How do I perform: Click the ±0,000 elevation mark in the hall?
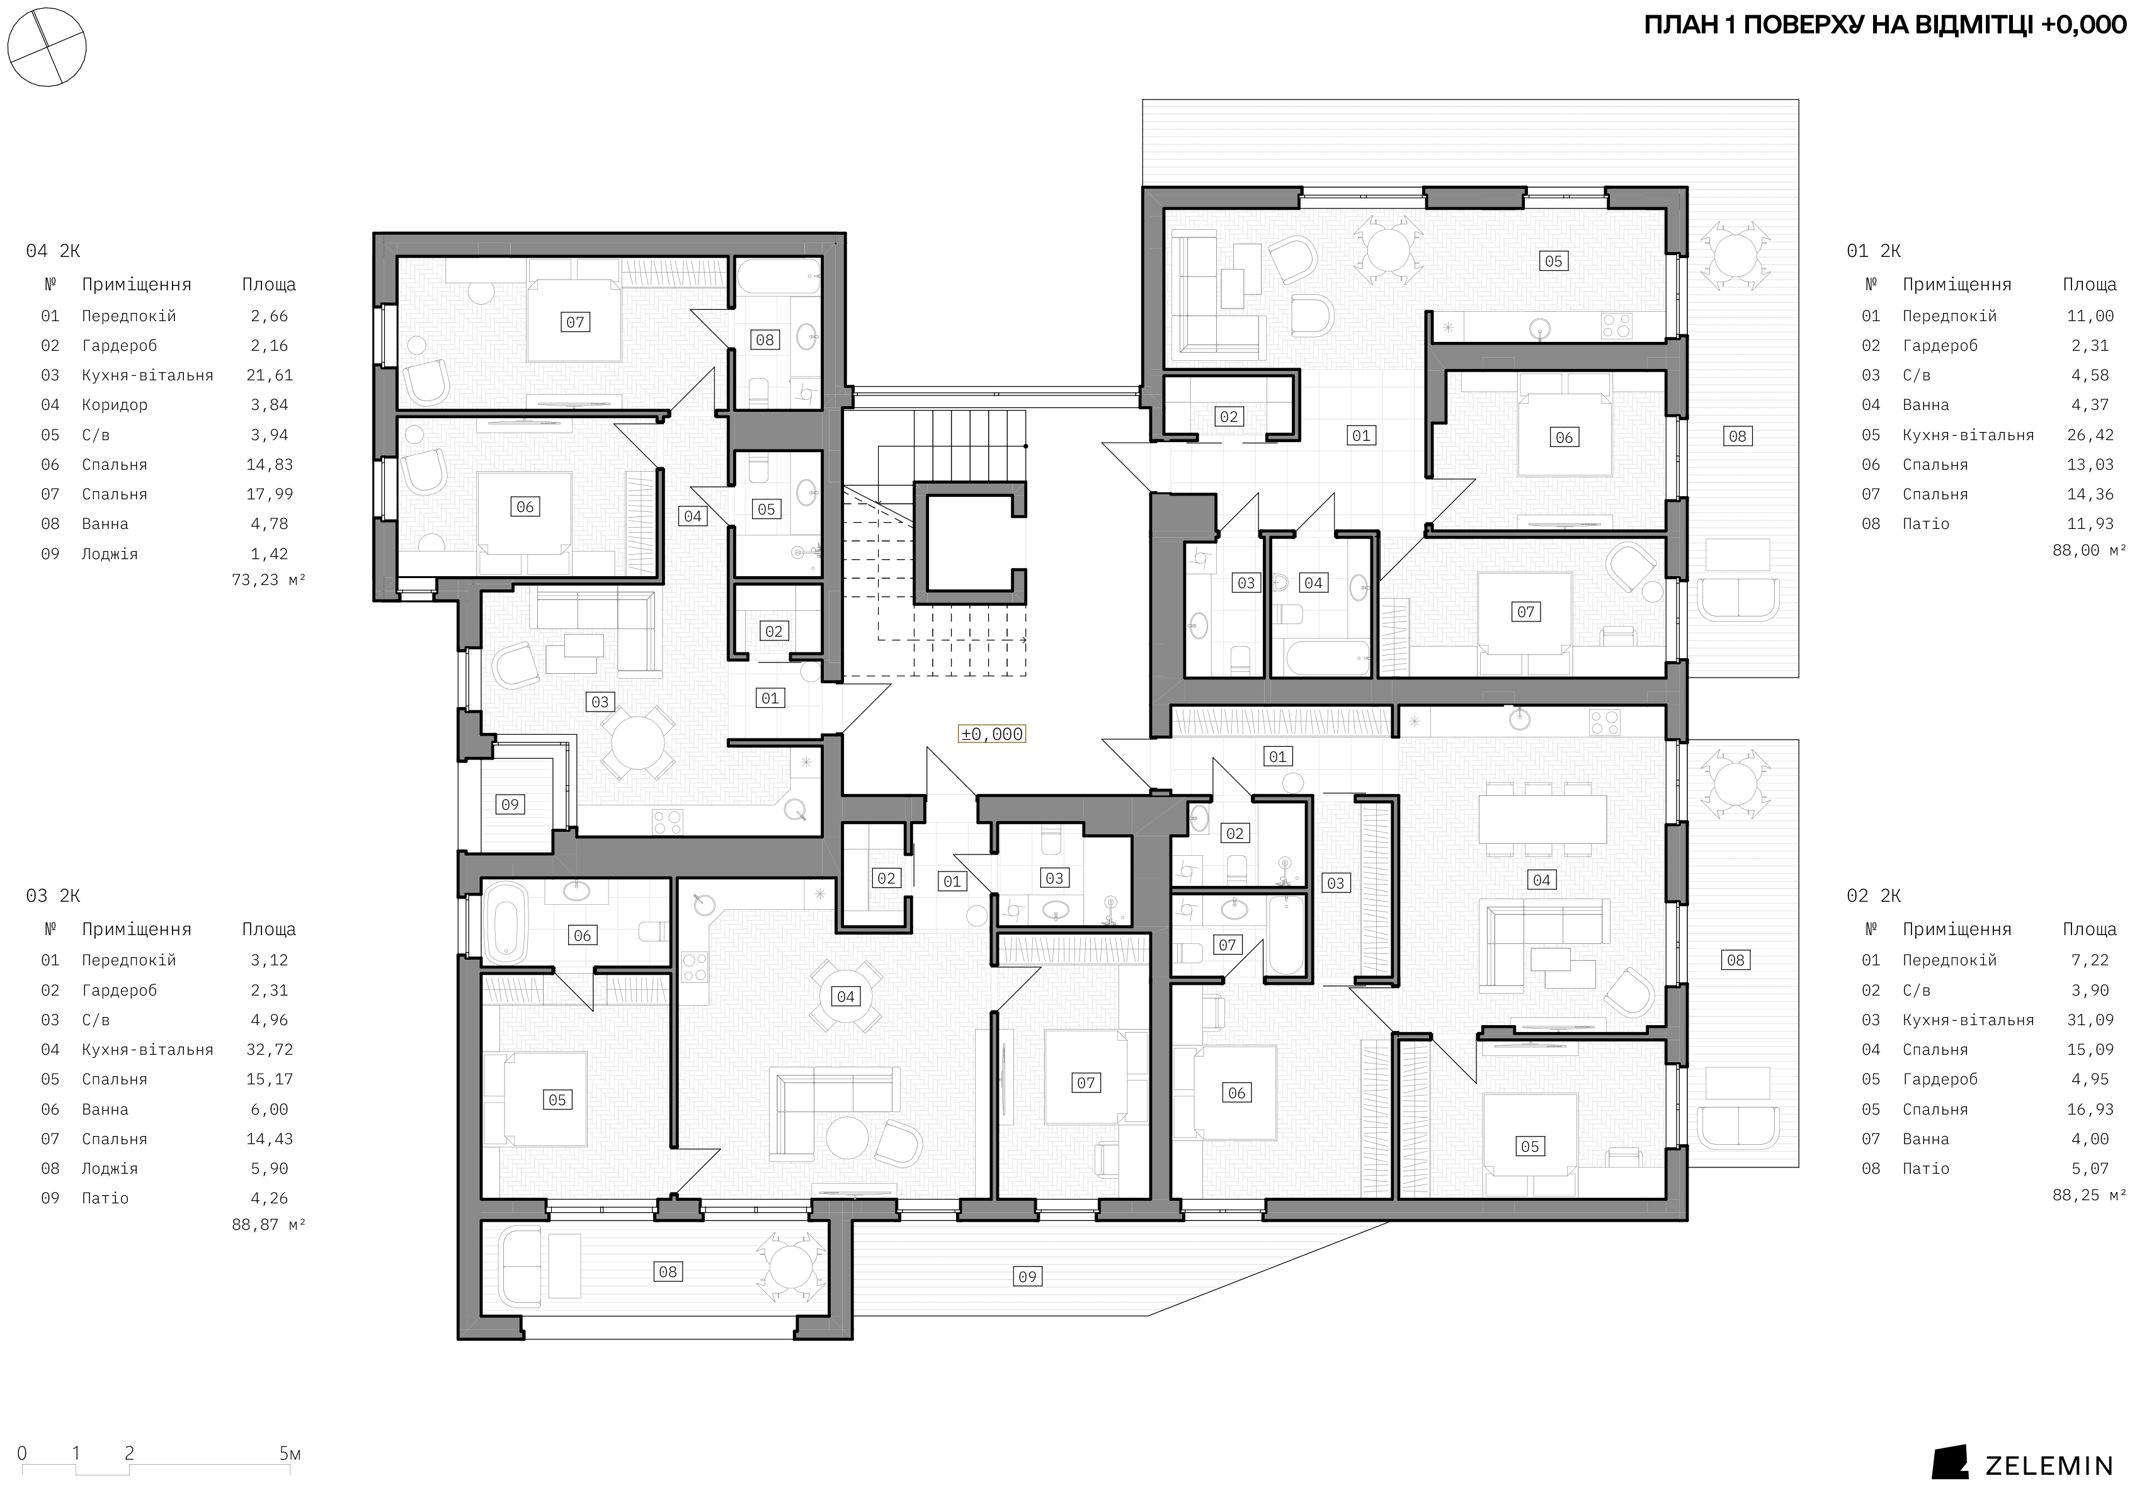[992, 734]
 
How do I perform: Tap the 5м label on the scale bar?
[290, 1453]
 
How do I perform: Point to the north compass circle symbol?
[47, 47]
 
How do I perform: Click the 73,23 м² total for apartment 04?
[268, 581]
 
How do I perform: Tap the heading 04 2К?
[53, 251]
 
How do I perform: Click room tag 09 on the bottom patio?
[1027, 1277]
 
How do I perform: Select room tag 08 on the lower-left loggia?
[668, 1272]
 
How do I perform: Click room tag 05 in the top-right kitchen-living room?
[1553, 261]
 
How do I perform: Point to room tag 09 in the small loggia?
[510, 805]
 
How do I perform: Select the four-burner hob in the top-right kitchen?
[1617, 326]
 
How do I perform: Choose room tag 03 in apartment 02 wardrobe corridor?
[1336, 883]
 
